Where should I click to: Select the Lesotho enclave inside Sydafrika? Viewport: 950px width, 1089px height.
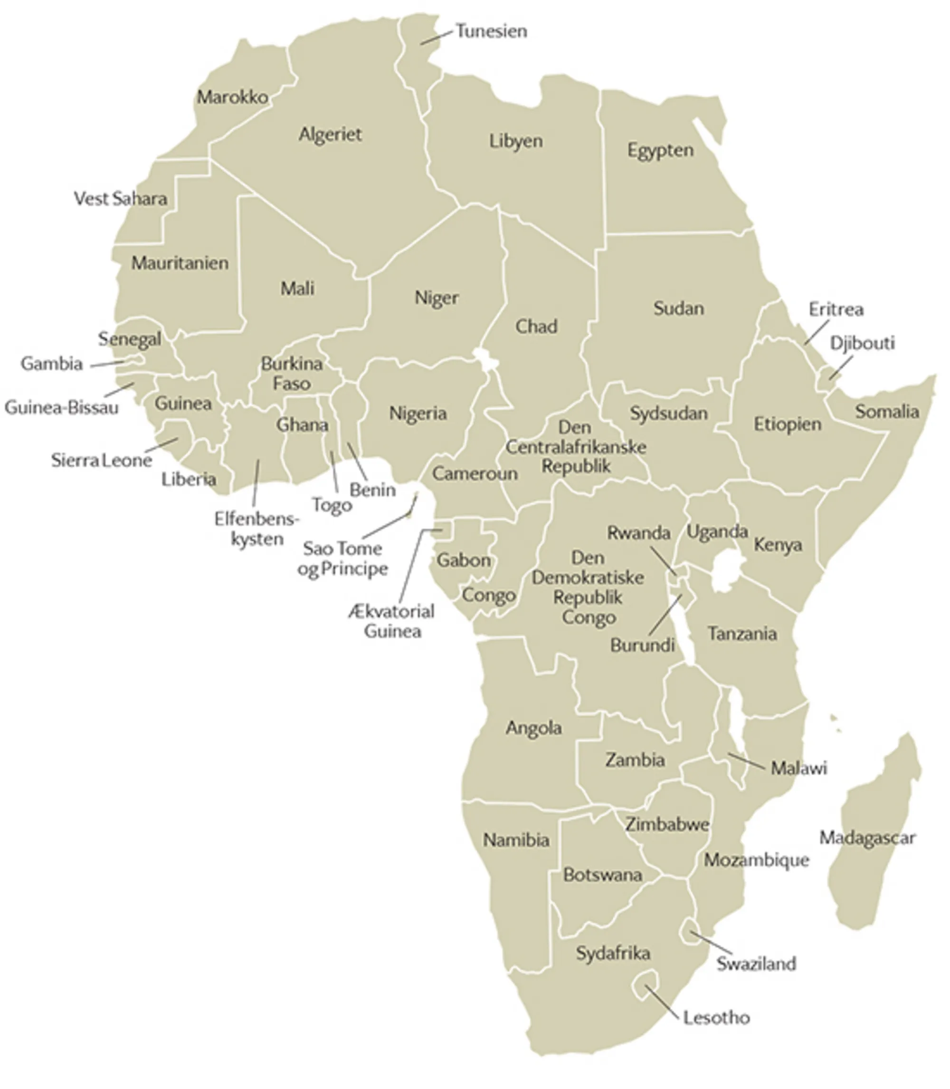646,984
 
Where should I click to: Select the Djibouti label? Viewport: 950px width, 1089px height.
862,343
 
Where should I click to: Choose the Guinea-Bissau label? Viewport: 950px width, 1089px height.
61,407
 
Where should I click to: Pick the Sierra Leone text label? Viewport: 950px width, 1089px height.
101,460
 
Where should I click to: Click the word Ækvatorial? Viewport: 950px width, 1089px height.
391,612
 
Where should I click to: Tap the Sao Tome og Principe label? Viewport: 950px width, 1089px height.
342,558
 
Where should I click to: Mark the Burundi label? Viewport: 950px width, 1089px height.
642,645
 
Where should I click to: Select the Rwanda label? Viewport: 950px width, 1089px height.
638,532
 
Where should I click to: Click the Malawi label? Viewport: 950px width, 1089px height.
798,768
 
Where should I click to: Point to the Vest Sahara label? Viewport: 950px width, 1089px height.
120,198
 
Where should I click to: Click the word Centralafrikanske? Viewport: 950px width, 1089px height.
576,447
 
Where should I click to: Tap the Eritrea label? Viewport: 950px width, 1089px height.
836,309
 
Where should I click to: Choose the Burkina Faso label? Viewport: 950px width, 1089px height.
292,373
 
